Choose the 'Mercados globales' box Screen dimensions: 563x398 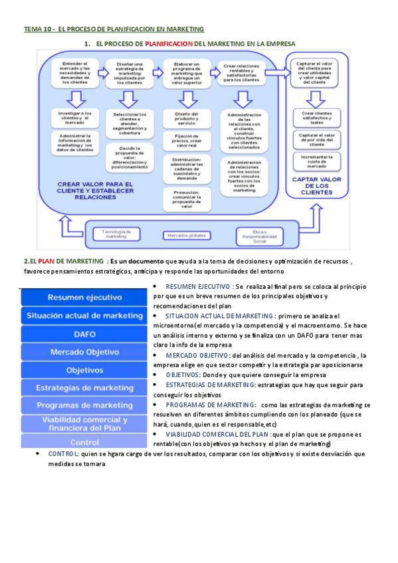(x=185, y=235)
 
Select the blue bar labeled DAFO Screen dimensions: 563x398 (x=85, y=334)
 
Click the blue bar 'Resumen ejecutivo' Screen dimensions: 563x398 (x=85, y=297)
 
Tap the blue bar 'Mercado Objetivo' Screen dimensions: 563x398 (x=85, y=352)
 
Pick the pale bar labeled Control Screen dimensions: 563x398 (x=85, y=442)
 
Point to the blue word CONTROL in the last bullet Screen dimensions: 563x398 (x=62, y=453)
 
